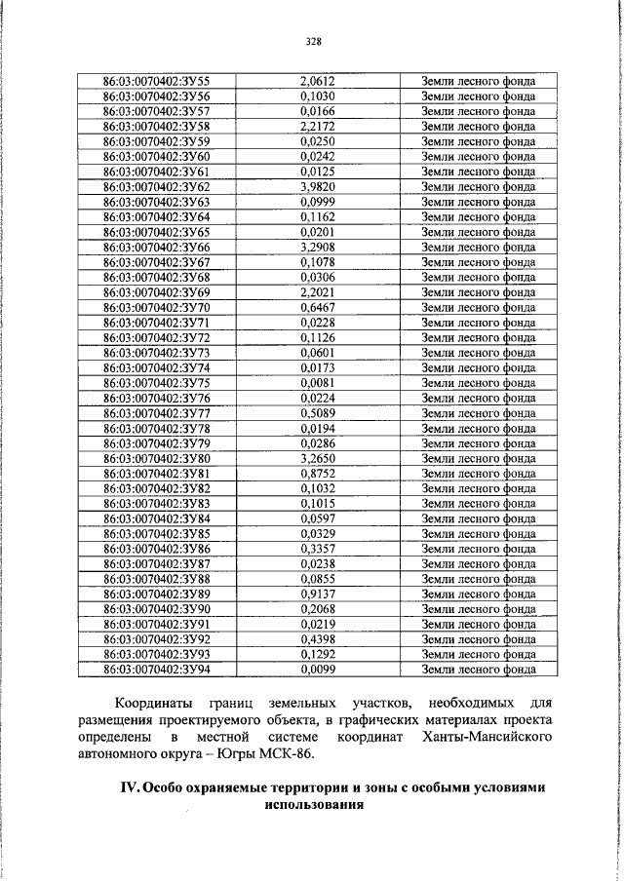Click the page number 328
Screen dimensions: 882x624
313,41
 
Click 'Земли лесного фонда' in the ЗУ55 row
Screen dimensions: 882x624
478,81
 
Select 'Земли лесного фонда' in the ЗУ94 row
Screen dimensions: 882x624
478,670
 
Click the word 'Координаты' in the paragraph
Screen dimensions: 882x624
154,703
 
